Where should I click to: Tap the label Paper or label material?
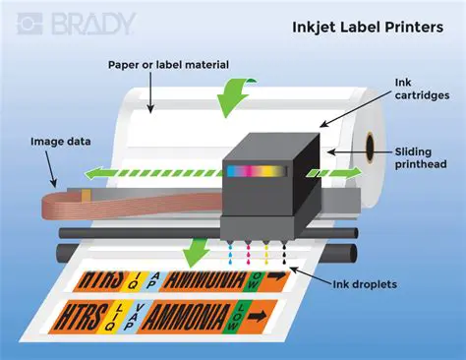coord(169,65)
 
